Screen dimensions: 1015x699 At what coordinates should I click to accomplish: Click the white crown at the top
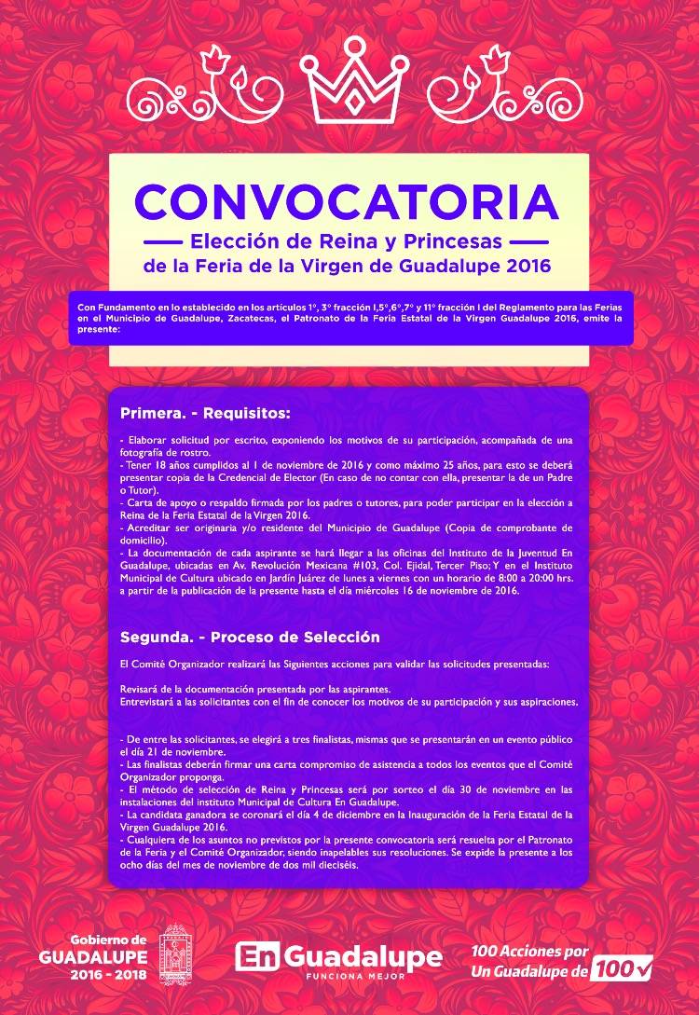coord(349,75)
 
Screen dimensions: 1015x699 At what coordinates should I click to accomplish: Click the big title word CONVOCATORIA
coord(348,201)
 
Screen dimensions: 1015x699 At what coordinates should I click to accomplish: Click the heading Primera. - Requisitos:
coord(206,412)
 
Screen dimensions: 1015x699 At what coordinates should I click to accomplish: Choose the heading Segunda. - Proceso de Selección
coord(251,638)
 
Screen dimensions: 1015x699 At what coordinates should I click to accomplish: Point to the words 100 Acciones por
coord(530,952)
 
